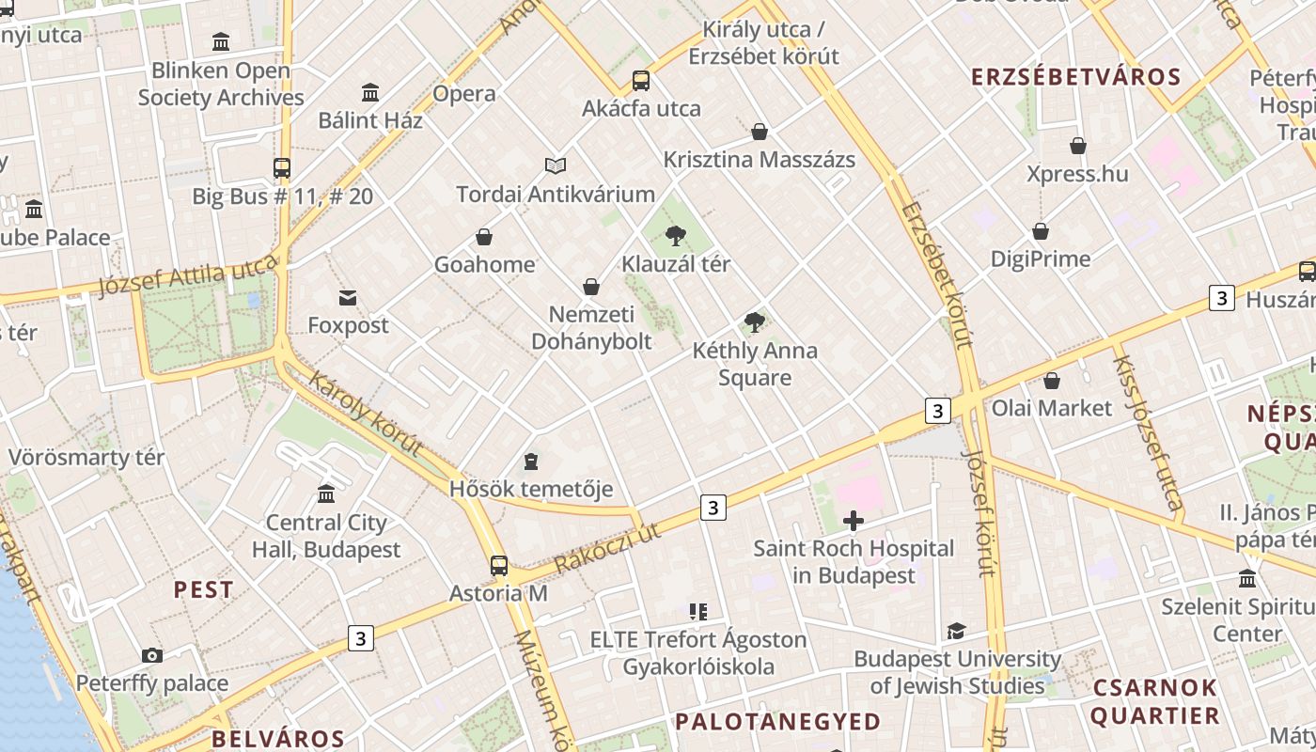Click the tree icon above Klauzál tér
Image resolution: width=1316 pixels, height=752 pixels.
675,236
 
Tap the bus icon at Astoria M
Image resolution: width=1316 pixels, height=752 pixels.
499,566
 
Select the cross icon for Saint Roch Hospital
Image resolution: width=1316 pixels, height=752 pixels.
854,521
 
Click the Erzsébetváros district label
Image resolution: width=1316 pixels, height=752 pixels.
1075,77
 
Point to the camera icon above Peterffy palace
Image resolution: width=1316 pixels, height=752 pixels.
152,655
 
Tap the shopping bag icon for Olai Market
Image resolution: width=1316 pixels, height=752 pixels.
1052,381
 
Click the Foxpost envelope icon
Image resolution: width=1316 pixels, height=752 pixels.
348,298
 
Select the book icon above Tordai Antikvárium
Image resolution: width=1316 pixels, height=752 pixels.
556,166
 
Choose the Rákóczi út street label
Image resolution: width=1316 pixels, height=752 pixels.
607,548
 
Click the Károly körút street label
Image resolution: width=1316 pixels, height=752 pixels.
365,415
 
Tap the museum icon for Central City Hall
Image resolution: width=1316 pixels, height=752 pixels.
326,494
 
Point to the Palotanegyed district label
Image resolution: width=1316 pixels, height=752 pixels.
778,722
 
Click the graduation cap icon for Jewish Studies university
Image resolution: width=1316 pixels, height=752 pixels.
956,631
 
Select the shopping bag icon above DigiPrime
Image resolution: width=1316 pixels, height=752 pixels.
1041,231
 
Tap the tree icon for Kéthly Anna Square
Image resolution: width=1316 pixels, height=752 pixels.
754,323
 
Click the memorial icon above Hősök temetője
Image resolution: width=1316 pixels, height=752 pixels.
531,462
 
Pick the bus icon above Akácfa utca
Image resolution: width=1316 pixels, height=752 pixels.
641,81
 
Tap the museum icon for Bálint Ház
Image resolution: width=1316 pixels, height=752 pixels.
370,93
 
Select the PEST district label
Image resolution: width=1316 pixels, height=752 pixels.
204,590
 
